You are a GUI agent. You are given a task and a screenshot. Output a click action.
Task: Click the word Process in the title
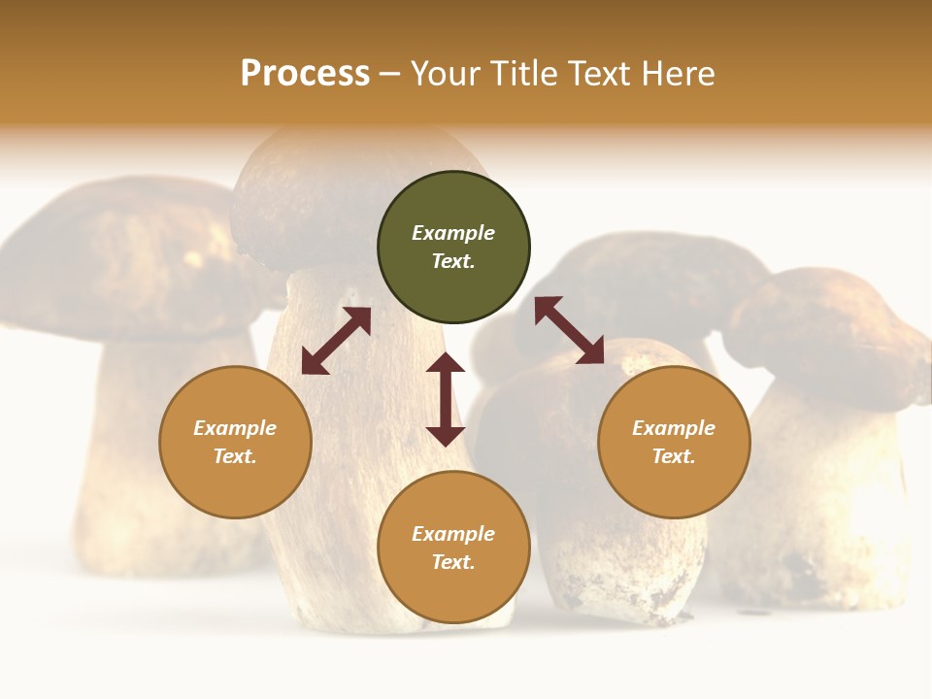pyautogui.click(x=305, y=74)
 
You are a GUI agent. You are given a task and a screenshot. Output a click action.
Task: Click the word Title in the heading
pyautogui.click(x=522, y=74)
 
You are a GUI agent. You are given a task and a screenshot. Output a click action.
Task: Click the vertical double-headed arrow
pyautogui.click(x=446, y=399)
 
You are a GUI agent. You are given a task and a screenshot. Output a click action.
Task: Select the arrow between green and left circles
pyautogui.click(x=336, y=341)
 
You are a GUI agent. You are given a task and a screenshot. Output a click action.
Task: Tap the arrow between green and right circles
pyautogui.click(x=569, y=330)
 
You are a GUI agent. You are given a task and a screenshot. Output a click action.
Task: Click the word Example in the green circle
pyautogui.click(x=453, y=233)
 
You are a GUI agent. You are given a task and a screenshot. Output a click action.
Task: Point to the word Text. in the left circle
pyautogui.click(x=235, y=456)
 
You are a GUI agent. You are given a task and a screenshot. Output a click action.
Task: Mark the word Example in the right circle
pyautogui.click(x=674, y=428)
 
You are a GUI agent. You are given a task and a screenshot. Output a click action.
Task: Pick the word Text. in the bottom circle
pyautogui.click(x=453, y=562)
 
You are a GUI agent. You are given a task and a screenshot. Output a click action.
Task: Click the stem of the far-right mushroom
pyautogui.click(x=825, y=485)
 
